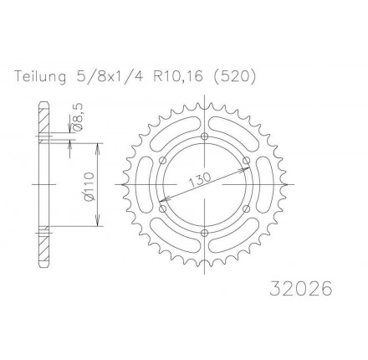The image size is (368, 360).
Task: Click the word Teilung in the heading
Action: pyautogui.click(x=41, y=76)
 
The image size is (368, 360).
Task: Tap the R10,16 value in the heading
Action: pyautogui.click(x=177, y=76)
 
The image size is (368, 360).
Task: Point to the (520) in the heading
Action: pyautogui.click(x=234, y=76)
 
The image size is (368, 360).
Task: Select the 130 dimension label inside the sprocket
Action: pyautogui.click(x=200, y=180)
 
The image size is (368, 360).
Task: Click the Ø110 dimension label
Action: pyautogui.click(x=89, y=186)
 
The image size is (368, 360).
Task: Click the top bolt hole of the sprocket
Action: pyautogui.click(x=205, y=136)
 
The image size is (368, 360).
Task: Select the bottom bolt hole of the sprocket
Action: pyautogui.click(x=205, y=233)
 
